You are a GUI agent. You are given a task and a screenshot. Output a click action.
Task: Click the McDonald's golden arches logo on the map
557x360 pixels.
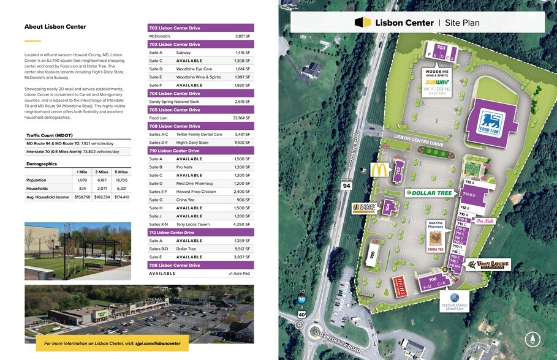coord(379,170)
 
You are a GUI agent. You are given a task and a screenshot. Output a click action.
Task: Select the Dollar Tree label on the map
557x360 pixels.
coord(430,193)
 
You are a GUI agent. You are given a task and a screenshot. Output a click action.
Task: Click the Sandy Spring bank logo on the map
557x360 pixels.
coord(363,208)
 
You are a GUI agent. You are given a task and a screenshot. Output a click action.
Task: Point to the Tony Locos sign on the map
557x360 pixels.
coord(487,265)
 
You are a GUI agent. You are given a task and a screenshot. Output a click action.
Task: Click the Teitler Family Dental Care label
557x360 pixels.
coord(454,301)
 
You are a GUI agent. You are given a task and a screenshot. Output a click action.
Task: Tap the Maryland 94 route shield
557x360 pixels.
coord(346,186)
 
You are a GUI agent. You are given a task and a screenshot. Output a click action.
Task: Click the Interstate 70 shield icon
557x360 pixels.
coord(301,300)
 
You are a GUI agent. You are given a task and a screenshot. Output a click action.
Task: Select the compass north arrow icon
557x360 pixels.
coord(531,339)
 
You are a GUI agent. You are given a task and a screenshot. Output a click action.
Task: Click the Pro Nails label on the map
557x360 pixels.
coord(485,221)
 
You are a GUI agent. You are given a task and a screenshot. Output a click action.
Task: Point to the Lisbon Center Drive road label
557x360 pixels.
coord(419,141)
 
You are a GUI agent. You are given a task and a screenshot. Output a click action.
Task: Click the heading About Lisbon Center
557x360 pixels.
coord(55,27)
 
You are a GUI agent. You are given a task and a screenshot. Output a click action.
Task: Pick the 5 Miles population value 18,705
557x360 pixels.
coord(121,181)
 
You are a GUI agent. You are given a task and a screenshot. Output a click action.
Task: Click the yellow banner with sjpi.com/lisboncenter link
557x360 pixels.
coord(107,343)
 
